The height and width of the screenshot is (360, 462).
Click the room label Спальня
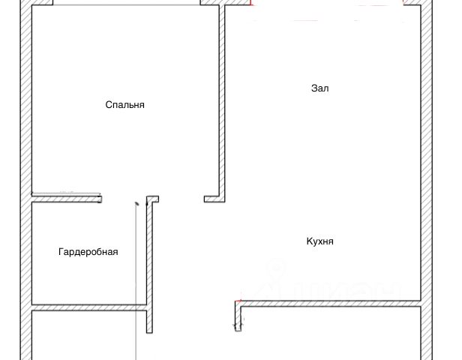pyautogui.click(x=124, y=105)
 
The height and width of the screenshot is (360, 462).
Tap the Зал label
pyautogui.click(x=320, y=88)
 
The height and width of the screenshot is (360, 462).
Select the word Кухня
pyautogui.click(x=319, y=241)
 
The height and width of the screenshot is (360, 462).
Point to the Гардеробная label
pyautogui.click(x=88, y=252)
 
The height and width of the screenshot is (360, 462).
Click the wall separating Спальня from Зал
pyautogui.click(x=223, y=97)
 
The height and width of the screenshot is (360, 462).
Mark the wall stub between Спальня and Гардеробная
pyautogui.click(x=67, y=199)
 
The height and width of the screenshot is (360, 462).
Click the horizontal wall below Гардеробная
pyautogui.click(x=88, y=307)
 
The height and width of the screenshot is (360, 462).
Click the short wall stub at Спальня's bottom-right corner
pyautogui.click(x=214, y=199)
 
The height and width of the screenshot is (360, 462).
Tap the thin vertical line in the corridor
pyautogui.click(x=135, y=285)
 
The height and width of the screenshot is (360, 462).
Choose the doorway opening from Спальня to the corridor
pyautogui.click(x=181, y=199)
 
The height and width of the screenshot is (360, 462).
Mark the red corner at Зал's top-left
pyautogui.click(x=251, y=4)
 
